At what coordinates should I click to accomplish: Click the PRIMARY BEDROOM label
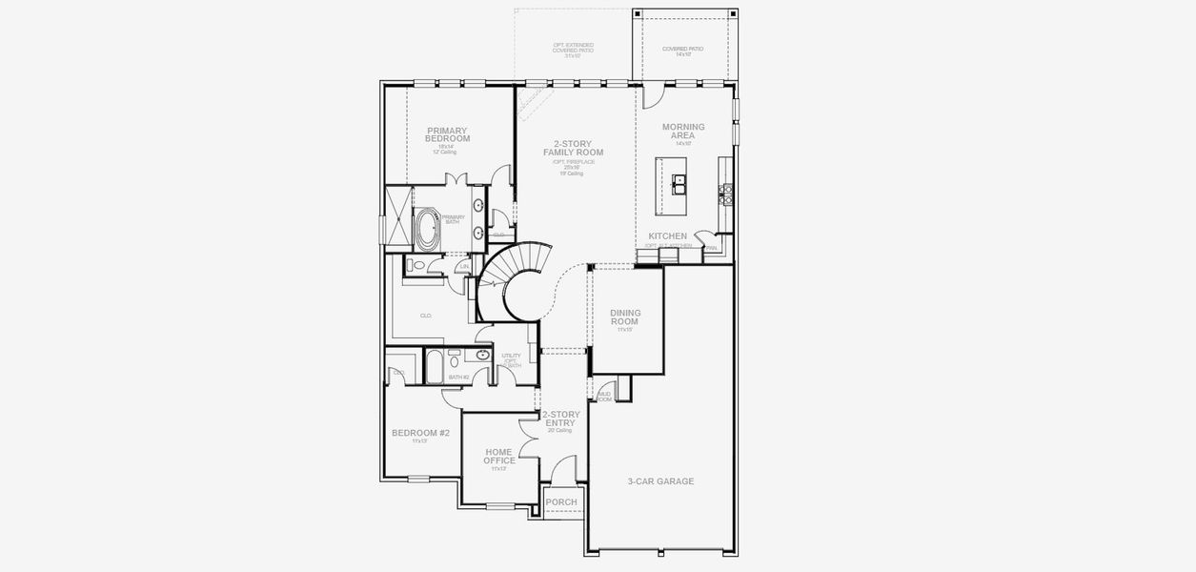coord(447,134)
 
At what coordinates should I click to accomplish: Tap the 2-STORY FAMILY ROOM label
coord(573,148)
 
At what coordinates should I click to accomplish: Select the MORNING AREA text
coord(683,131)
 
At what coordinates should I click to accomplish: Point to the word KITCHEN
coord(667,235)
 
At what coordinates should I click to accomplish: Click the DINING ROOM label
coord(625,317)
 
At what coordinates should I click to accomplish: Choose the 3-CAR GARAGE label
coord(660,481)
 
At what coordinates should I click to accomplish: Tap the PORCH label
coord(561,502)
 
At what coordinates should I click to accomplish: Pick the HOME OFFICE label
coord(498,456)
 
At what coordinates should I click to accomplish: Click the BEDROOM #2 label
coord(420,433)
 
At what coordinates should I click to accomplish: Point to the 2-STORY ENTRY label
coord(560,419)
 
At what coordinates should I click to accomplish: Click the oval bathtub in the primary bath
coord(425,230)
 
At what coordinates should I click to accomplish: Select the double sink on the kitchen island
coord(679,181)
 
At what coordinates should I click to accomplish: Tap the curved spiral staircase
coord(515,280)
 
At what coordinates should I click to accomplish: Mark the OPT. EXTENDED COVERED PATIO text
coord(573,50)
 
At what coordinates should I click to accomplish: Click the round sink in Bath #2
coord(483,356)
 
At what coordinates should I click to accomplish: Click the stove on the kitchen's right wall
coord(726,194)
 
